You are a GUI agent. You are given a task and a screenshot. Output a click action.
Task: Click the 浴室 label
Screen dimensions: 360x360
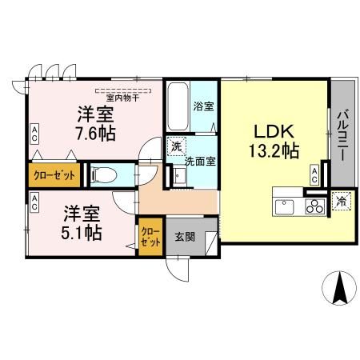[202, 106]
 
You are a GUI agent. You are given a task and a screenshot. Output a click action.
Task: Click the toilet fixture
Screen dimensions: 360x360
[105, 174]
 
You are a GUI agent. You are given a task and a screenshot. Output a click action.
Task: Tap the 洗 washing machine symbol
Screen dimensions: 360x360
[175, 147]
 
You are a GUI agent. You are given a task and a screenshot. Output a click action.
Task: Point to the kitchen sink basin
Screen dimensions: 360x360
[285, 208]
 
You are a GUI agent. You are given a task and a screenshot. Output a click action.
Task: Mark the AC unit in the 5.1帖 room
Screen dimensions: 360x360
[34, 203]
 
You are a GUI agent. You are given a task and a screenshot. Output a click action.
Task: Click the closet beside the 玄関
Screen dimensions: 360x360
[149, 236]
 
